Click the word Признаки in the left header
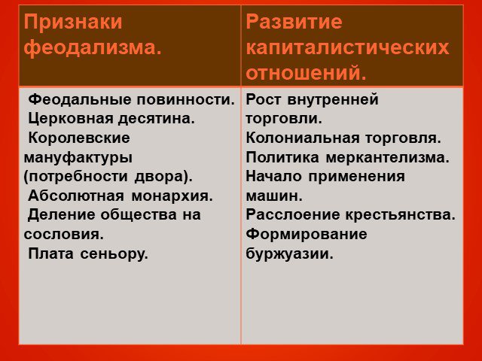(x=73, y=23)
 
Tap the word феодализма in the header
(x=93, y=48)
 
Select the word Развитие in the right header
(x=294, y=22)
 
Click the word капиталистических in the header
(x=347, y=48)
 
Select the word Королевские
(x=79, y=138)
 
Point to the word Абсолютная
(x=76, y=196)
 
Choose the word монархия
(x=172, y=196)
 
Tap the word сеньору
(x=114, y=254)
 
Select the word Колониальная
(x=303, y=138)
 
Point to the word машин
(x=274, y=196)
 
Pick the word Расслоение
(x=293, y=215)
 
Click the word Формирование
(x=307, y=235)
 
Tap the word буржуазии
(x=289, y=254)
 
